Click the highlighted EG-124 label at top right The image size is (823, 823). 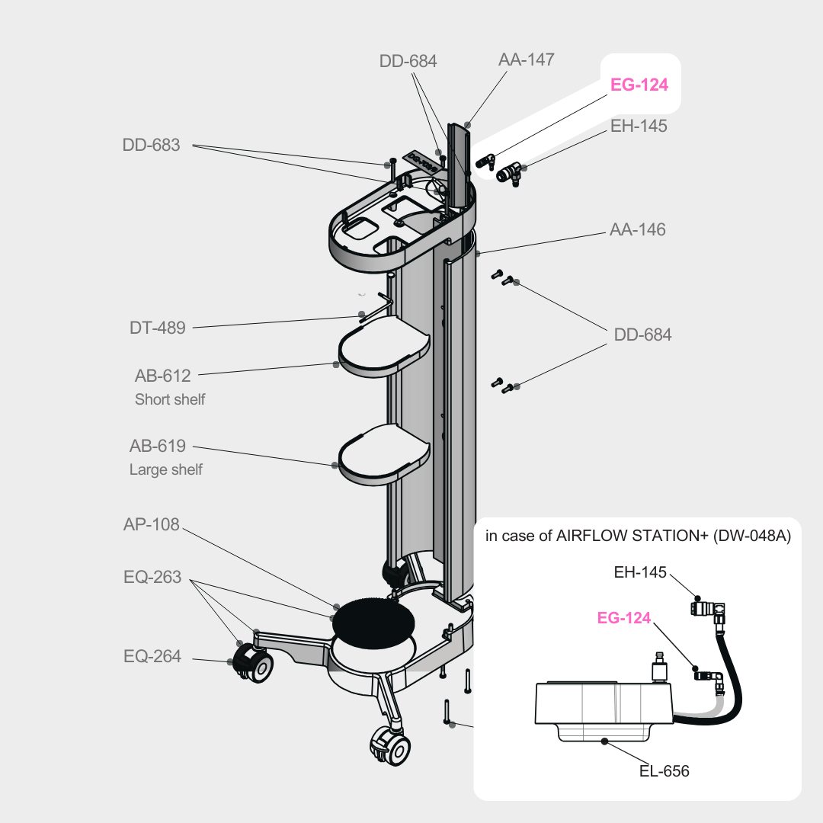coord(639,85)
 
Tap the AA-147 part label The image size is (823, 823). coord(527,59)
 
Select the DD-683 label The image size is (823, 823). coord(151,145)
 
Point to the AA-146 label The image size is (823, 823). coord(637,229)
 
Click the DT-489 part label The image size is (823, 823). coord(158,328)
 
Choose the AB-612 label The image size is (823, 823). coord(163,375)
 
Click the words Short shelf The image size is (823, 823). coord(170,399)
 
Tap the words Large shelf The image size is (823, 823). coord(166,469)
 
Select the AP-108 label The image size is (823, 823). coord(152,524)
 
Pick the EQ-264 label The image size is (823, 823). coord(152,655)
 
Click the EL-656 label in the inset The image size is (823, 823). coord(664,771)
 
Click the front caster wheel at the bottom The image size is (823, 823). coord(390,745)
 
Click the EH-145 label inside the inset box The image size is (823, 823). coord(640,572)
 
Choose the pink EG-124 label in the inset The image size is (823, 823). coord(624,618)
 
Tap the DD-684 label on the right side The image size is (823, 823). coord(643,335)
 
